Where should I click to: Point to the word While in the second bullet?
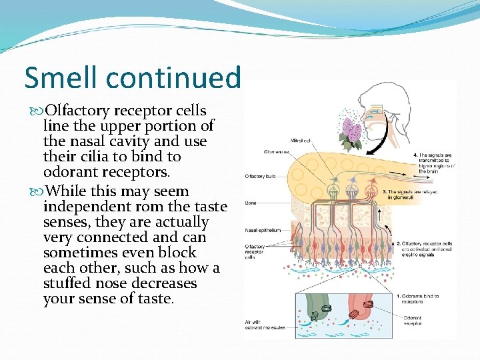pos(69,191)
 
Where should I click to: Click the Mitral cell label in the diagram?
pos(300,141)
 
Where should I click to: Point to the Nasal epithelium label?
pos(263,230)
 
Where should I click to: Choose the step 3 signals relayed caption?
pos(427,194)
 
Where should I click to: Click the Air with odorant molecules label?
pos(263,326)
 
